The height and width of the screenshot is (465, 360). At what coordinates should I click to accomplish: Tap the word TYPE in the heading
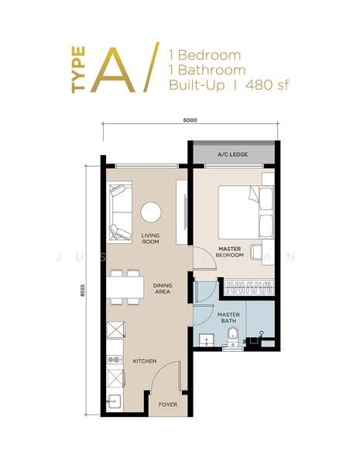[78, 74]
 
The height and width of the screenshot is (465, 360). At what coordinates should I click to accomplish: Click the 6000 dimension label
[190, 121]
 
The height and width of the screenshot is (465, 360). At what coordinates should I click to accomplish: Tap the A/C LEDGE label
[232, 155]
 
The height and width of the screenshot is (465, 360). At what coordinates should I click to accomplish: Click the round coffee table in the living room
[151, 212]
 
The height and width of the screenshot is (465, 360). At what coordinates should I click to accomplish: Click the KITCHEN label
[145, 361]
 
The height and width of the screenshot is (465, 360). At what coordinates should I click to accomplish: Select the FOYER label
[166, 405]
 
